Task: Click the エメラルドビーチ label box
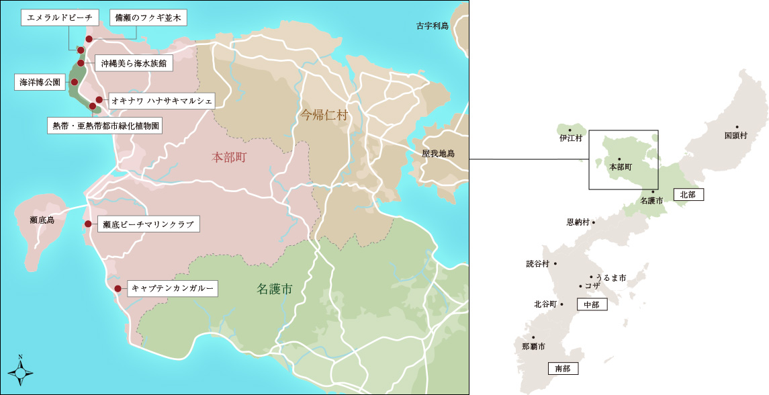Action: point(60,18)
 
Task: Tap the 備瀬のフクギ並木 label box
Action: point(148,18)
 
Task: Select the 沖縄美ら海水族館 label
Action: point(134,64)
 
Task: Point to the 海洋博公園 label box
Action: point(40,83)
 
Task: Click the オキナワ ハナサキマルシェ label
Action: point(161,101)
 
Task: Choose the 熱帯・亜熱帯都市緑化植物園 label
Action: point(105,126)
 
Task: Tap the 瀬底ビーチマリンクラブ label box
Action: point(148,225)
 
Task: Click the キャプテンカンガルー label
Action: point(172,289)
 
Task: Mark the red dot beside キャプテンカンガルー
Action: point(118,289)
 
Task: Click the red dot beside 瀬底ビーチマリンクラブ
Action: point(88,224)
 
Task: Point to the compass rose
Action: point(20,370)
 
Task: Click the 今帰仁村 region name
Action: point(324,115)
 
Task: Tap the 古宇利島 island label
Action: point(432,26)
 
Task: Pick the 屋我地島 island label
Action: point(438,154)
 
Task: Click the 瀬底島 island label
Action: point(42,220)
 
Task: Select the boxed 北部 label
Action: point(688,194)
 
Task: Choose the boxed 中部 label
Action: point(592,304)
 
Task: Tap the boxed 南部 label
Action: point(563,368)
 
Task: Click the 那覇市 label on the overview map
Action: point(533,347)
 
